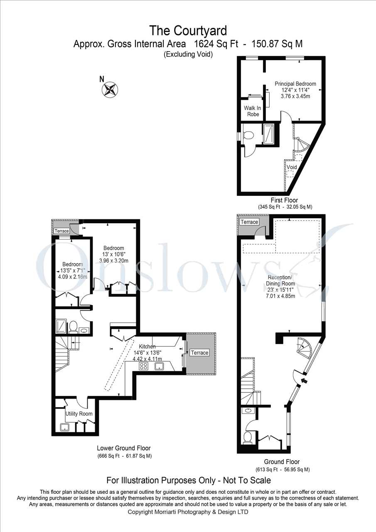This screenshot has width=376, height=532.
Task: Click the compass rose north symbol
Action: [x=110, y=90]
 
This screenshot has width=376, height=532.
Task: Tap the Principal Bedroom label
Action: [x=295, y=84]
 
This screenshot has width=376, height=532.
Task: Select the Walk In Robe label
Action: [x=253, y=111]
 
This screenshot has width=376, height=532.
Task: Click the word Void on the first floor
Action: [x=292, y=167]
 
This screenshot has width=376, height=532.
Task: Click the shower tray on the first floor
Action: [x=268, y=134]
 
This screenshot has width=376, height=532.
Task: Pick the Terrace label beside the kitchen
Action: [x=199, y=353]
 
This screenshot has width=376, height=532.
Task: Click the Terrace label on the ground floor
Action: [x=249, y=222]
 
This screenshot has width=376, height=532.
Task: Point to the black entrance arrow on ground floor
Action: [x=304, y=381]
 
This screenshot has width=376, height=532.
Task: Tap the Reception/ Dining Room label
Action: [x=280, y=281]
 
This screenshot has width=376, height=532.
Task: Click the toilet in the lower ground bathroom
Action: [x=73, y=327]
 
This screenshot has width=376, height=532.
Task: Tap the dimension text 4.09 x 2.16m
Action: [x=72, y=277]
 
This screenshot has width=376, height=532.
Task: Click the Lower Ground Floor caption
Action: [x=124, y=448]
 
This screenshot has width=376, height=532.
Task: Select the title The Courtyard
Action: [x=188, y=31]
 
